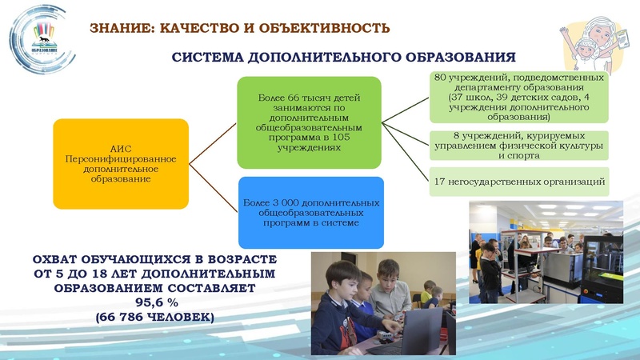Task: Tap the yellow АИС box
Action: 121,163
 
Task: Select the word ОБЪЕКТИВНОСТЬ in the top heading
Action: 332,28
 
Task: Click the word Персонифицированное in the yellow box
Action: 121,159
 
